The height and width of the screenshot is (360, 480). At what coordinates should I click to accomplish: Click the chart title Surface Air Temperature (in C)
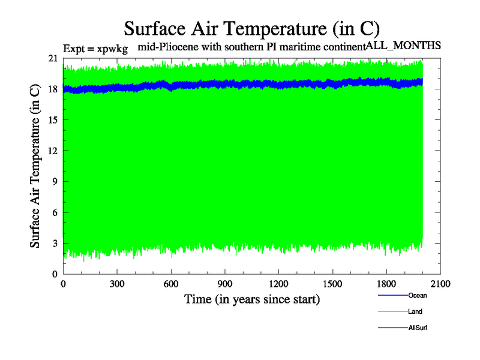[x=252, y=28]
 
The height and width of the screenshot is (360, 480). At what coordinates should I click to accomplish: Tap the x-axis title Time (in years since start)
[x=252, y=298]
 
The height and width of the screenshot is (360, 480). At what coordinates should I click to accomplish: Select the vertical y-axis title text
[x=35, y=166]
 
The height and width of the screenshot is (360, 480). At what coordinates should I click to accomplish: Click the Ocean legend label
[x=418, y=295]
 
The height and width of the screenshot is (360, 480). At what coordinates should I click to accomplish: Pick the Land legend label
[x=416, y=311]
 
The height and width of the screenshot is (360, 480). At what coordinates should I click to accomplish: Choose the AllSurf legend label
[x=418, y=328]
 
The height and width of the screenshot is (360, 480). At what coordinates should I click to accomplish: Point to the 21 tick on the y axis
[x=52, y=58]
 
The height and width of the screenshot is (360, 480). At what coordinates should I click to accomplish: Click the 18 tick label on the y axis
[x=52, y=89]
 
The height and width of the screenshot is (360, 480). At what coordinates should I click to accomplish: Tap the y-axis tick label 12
[x=52, y=151]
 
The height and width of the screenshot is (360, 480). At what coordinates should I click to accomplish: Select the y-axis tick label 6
[x=55, y=212]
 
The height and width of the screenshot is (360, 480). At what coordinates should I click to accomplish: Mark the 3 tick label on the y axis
[x=55, y=243]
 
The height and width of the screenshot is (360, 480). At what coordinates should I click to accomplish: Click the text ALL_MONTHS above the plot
[x=404, y=45]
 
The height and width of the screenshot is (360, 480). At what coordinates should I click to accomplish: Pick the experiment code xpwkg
[x=113, y=47]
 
